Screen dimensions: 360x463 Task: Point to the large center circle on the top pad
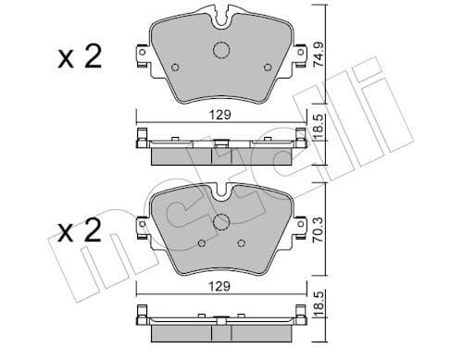point(221,52)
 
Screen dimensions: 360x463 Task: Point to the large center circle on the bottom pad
point(221,222)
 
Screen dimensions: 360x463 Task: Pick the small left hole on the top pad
point(175,67)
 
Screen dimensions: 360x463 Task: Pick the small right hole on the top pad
point(268,67)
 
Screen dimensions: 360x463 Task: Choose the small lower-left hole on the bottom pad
point(202,243)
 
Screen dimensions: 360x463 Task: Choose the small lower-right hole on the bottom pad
point(241,243)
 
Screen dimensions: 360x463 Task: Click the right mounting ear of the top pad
point(299,56)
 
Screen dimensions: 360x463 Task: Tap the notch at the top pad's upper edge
point(221,16)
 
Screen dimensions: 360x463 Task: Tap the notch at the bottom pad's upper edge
point(221,192)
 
